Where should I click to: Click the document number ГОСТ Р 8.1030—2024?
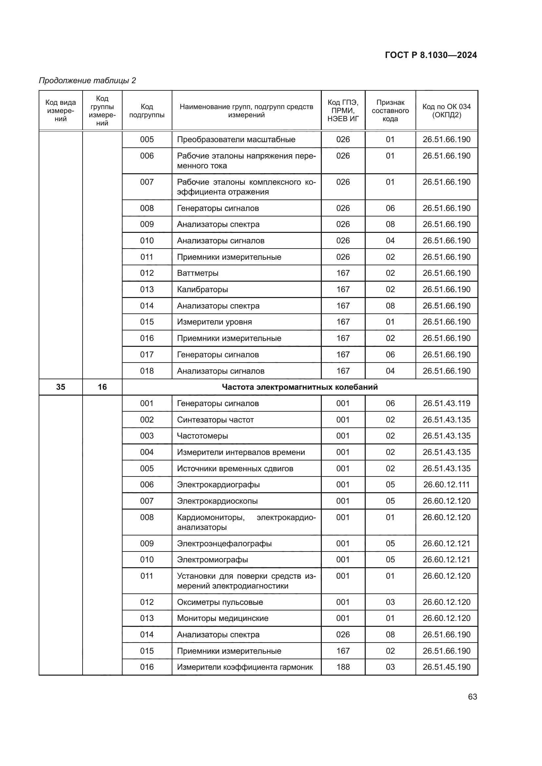tap(431, 55)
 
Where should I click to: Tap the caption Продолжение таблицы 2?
tap(87, 81)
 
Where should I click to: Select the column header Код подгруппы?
tap(147, 111)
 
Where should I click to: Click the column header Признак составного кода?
tap(390, 111)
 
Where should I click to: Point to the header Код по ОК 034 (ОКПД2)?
tap(446, 111)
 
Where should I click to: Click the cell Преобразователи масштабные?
tap(236, 140)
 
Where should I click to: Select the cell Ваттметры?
tap(198, 273)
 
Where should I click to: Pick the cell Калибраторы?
tap(202, 289)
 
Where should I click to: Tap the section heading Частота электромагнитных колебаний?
tap(300, 387)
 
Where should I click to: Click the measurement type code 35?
tap(60, 387)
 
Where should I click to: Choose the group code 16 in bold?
tap(102, 387)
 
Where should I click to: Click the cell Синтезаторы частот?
tap(215, 420)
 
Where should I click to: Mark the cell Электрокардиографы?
tap(218, 485)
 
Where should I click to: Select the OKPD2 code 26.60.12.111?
tap(446, 485)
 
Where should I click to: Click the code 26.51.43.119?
tap(446, 403)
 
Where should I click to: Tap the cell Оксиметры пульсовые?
tap(220, 602)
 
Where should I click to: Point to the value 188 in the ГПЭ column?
tap(343, 667)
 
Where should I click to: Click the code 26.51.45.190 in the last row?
tap(446, 667)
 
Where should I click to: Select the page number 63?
tap(472, 697)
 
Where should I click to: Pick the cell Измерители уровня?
tap(214, 322)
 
